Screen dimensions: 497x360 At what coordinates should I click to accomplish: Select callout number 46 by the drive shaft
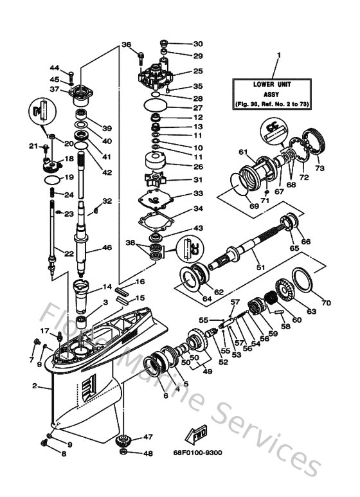click(107, 247)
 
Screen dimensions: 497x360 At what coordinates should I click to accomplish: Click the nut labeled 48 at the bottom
click(124, 453)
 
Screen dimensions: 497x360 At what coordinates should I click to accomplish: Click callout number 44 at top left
click(55, 68)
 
